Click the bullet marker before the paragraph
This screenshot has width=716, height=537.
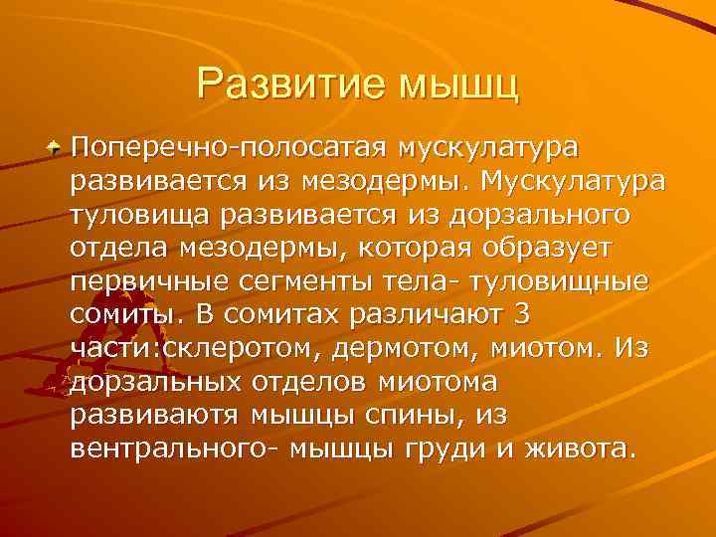[x=56, y=147]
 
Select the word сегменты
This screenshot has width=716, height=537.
[x=299, y=280]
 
